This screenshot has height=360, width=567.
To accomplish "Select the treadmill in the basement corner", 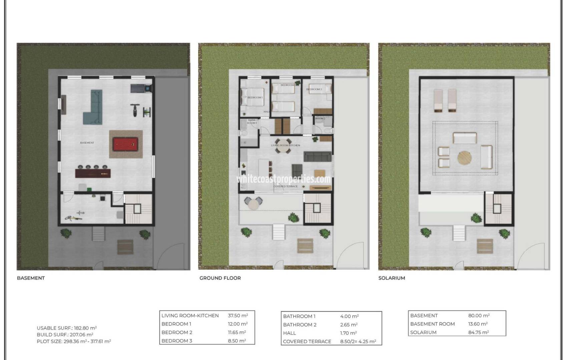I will pos(140,88).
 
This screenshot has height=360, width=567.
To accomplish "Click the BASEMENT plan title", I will pos(31,278).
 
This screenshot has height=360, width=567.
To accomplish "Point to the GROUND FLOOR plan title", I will pos(220,278).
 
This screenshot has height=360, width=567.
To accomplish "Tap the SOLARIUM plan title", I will pos(392,278).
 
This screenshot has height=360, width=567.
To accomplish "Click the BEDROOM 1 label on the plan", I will pos(255,97).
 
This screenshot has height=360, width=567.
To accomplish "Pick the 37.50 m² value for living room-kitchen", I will pos(238,316).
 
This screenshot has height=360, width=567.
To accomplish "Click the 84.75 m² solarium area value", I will pos(478,332).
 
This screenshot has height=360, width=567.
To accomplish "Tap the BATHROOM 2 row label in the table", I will pos(300,325).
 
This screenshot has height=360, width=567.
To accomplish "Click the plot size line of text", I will pos(74,341).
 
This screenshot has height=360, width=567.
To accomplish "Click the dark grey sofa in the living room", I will pos(318,157).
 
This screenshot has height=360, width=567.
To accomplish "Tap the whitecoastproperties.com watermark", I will pos(283,179).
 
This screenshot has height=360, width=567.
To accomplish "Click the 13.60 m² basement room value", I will pos(478,324).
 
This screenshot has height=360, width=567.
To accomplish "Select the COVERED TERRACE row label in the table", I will pos(307,342).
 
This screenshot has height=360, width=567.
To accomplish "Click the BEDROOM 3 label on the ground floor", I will pos(314,89).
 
